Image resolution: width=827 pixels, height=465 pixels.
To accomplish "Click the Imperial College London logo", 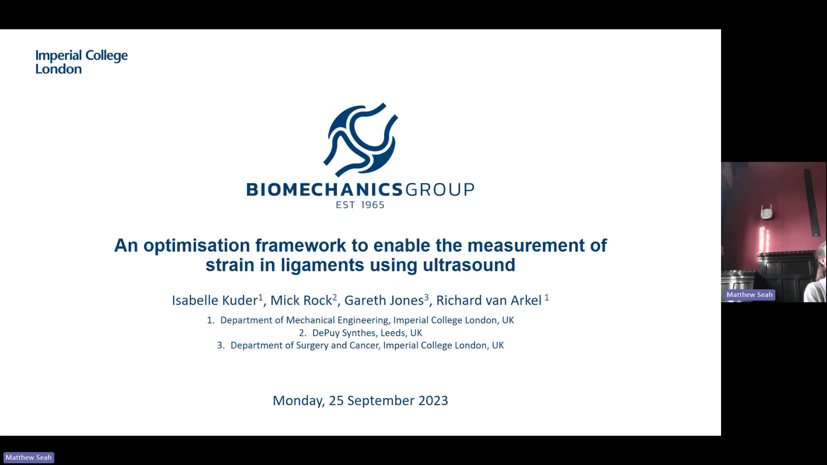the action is click(x=81, y=62).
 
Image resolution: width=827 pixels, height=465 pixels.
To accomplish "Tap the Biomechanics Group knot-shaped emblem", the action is click(x=361, y=139).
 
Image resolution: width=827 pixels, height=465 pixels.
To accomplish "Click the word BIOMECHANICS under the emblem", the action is click(x=324, y=189).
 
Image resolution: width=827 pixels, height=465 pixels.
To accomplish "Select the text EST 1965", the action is click(x=360, y=205).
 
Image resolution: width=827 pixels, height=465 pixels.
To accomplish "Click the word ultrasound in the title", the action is click(x=469, y=265).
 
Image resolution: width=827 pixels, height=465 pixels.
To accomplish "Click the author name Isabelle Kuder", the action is click(x=215, y=300).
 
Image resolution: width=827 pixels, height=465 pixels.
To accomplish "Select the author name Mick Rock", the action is click(x=301, y=300).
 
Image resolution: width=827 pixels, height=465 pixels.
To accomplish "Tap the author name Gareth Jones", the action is click(x=384, y=300).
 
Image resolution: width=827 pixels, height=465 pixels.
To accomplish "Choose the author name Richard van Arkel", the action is click(x=489, y=300).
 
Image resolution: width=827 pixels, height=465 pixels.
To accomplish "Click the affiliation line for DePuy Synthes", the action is click(x=361, y=333).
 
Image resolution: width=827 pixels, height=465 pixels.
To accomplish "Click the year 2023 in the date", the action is click(x=433, y=400).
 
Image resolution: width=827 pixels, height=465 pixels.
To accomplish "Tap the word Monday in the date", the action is click(x=298, y=401).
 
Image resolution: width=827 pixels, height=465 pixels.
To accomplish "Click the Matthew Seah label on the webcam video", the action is click(x=749, y=295).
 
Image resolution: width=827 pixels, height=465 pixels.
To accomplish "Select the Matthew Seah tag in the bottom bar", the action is click(x=29, y=457).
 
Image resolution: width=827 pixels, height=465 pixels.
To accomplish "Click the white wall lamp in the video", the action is click(x=766, y=212).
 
